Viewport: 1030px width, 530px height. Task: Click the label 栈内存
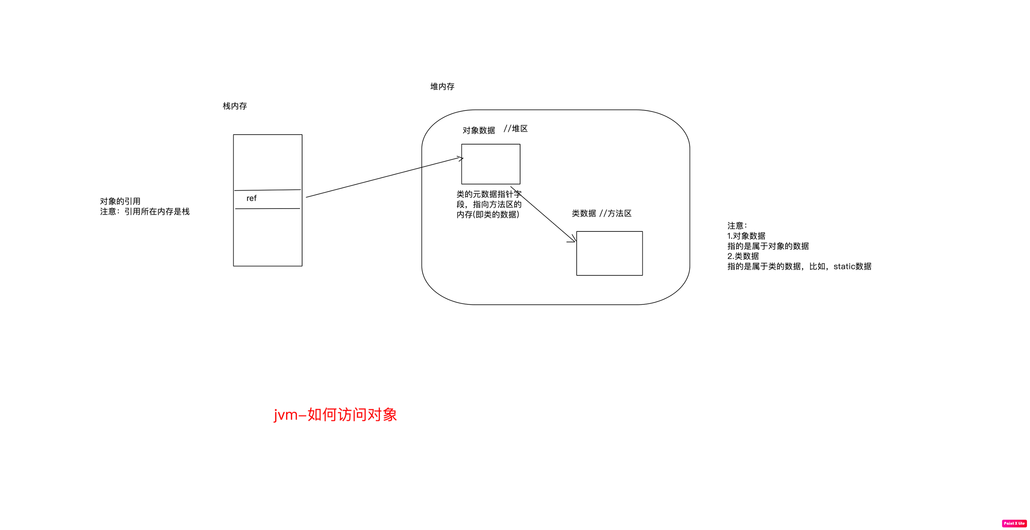pos(235,106)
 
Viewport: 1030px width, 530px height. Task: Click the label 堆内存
pos(442,86)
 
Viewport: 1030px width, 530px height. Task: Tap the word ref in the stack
pos(251,198)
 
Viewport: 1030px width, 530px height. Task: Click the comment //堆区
pos(515,128)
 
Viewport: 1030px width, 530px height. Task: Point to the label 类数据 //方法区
pos(602,214)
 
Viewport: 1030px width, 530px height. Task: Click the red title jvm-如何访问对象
pos(335,415)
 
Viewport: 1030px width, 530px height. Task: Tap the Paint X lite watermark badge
pos(1014,523)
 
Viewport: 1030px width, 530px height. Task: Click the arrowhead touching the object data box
pos(460,158)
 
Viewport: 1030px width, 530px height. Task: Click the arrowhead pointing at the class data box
pos(573,240)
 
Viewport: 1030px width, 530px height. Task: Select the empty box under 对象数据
pos(490,164)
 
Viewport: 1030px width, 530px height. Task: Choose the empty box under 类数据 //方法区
pos(609,253)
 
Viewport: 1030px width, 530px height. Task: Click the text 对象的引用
pos(120,201)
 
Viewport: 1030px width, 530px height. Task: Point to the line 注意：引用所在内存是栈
pos(145,212)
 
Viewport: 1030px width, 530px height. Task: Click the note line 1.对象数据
pos(746,236)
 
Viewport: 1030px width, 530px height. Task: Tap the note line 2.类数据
pos(743,256)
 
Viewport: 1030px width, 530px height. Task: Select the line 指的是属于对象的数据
pos(768,246)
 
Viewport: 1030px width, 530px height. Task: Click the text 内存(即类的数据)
pos(488,215)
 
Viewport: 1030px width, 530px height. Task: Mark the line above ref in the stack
pos(267,190)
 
